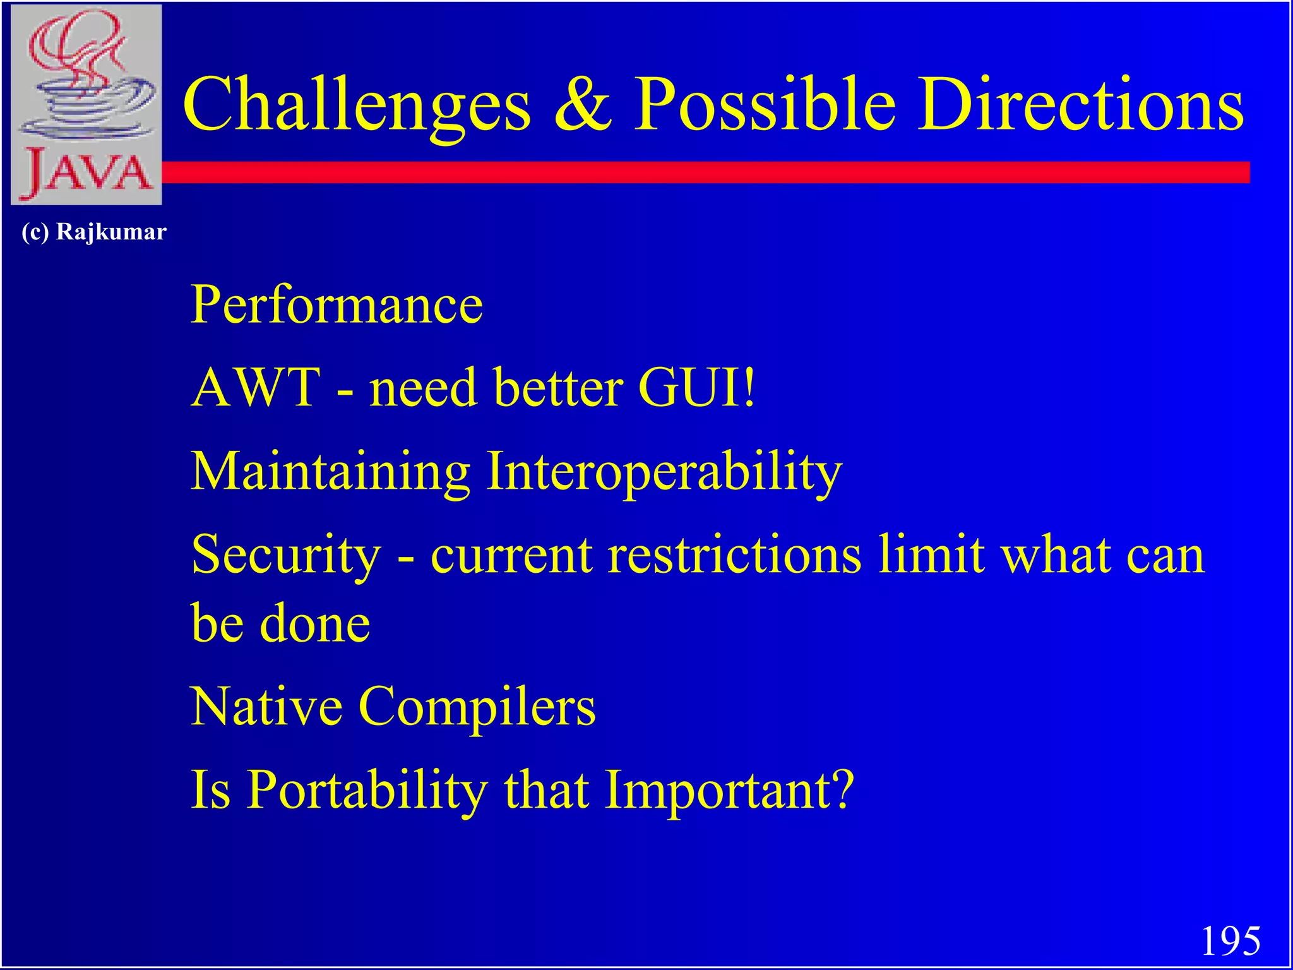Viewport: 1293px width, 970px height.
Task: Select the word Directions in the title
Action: tap(1080, 104)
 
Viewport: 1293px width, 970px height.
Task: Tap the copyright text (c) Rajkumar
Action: tap(93, 232)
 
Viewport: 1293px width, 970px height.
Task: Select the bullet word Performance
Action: tap(337, 305)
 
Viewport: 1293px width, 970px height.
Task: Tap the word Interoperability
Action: tap(664, 472)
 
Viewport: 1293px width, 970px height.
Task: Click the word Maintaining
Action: tap(330, 472)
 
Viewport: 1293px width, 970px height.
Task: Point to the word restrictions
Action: tap(734, 554)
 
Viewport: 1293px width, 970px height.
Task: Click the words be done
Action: tap(280, 623)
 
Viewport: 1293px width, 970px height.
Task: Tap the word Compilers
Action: tap(477, 707)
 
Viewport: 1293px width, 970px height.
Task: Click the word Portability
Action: tap(366, 791)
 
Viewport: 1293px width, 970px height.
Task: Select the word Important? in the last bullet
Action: tap(729, 791)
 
